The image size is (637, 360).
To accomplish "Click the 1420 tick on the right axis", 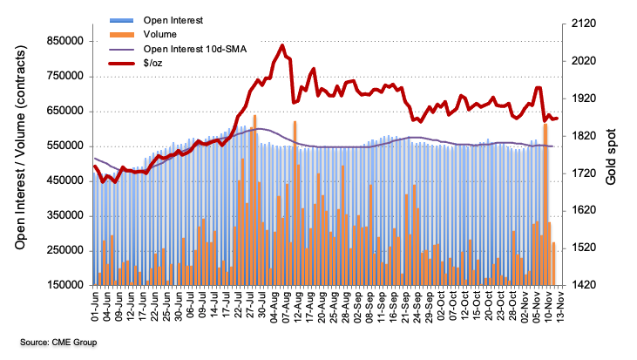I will tap(581, 285).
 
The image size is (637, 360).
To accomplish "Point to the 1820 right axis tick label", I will tap(581, 136).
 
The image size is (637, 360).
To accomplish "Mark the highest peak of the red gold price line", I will tap(282, 45).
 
